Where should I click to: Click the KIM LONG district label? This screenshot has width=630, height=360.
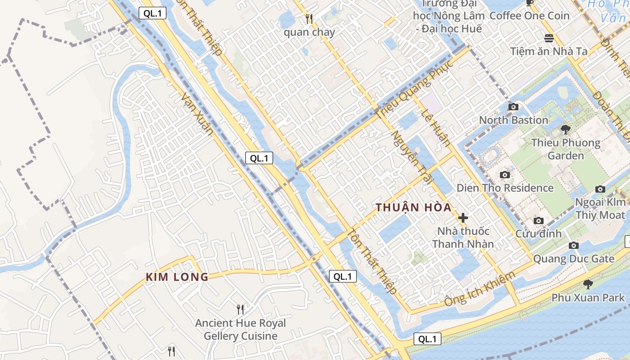[x=177, y=277]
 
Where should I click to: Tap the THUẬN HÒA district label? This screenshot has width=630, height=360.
[x=413, y=207]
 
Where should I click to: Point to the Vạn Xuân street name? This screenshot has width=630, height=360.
[x=196, y=113]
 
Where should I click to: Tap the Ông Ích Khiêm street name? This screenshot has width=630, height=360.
[x=479, y=289]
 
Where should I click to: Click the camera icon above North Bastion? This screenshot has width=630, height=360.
[x=513, y=107]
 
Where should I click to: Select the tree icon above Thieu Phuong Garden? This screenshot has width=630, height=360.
[x=566, y=130]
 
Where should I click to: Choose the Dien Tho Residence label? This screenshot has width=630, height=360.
[x=505, y=188]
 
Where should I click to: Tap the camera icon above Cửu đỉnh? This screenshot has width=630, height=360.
[x=538, y=220]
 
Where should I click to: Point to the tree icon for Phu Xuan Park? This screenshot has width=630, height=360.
[x=588, y=284]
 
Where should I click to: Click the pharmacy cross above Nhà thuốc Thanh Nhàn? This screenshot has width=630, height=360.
[x=463, y=218]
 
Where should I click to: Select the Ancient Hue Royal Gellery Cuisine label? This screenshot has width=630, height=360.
[x=240, y=329]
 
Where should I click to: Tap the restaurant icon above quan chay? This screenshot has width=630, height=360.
[x=309, y=19]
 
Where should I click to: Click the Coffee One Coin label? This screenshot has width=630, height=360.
[x=529, y=16]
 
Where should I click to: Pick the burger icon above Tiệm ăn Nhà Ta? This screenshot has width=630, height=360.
[x=549, y=38]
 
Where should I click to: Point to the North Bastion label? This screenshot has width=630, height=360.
[x=513, y=120]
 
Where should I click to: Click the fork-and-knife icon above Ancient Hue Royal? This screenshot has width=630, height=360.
[x=240, y=310]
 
